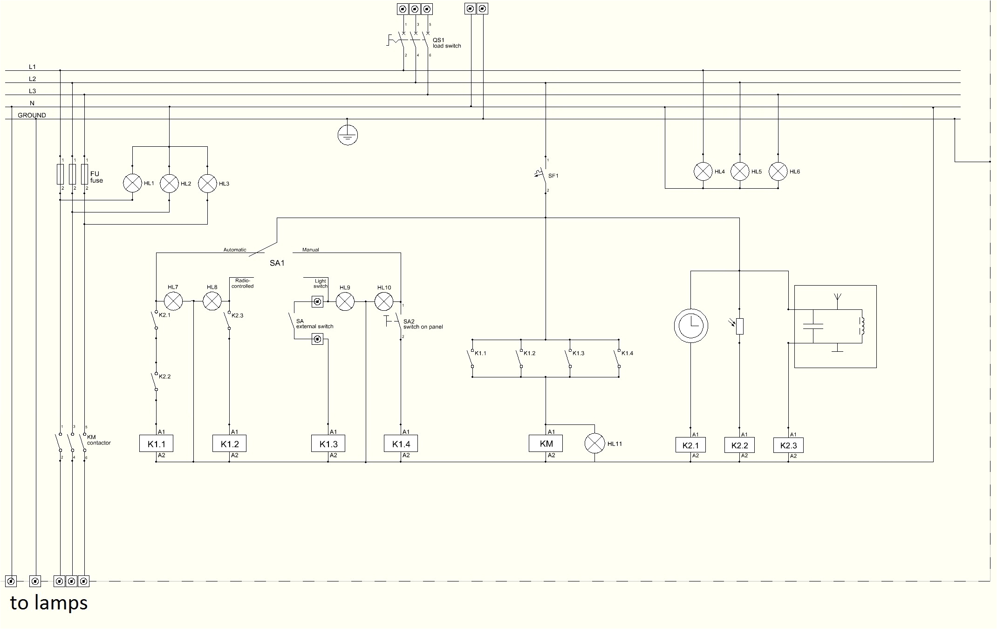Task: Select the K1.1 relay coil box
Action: tap(156, 444)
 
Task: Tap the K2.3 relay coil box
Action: tap(788, 445)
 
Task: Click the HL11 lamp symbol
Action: tap(594, 444)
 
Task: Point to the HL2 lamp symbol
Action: tap(169, 184)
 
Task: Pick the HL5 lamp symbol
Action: tap(739, 171)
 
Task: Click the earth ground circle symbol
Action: tap(347, 135)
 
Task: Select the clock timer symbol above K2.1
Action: tap(690, 325)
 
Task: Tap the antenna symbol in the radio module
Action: tap(837, 297)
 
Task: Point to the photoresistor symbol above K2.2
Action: tap(739, 326)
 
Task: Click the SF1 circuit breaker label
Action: tap(553, 176)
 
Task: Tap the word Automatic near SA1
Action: tap(234, 250)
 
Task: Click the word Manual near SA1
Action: tap(310, 250)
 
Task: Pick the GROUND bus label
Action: tap(32, 115)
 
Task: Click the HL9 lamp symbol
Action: tap(345, 302)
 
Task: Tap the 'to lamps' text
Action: tap(49, 603)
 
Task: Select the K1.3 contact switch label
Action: tap(578, 353)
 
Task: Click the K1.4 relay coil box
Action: tap(400, 444)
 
